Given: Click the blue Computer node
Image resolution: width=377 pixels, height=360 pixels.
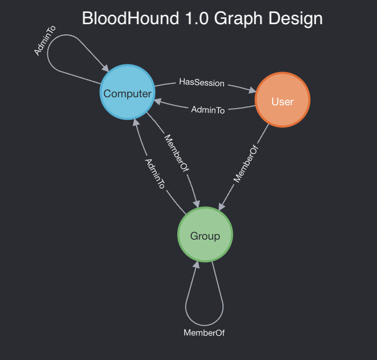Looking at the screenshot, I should (127, 92).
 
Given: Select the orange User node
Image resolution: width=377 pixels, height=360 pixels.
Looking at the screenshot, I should (282, 100).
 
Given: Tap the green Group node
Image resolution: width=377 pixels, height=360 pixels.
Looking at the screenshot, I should (205, 235).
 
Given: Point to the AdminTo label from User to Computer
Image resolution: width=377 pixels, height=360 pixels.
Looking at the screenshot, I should (208, 110).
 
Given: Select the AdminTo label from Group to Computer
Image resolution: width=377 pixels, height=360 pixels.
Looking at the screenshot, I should (155, 173).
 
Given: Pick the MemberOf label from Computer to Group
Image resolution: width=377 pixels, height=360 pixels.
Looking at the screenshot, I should (177, 154).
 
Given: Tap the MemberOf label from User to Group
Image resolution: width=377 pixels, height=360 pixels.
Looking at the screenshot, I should (247, 164).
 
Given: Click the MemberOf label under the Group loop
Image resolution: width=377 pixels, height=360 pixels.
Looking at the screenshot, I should (204, 333).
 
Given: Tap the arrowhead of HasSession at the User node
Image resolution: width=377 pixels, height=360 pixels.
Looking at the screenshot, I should (252, 91).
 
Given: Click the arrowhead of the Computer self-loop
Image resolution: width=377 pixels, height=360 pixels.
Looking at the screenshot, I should (105, 67).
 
